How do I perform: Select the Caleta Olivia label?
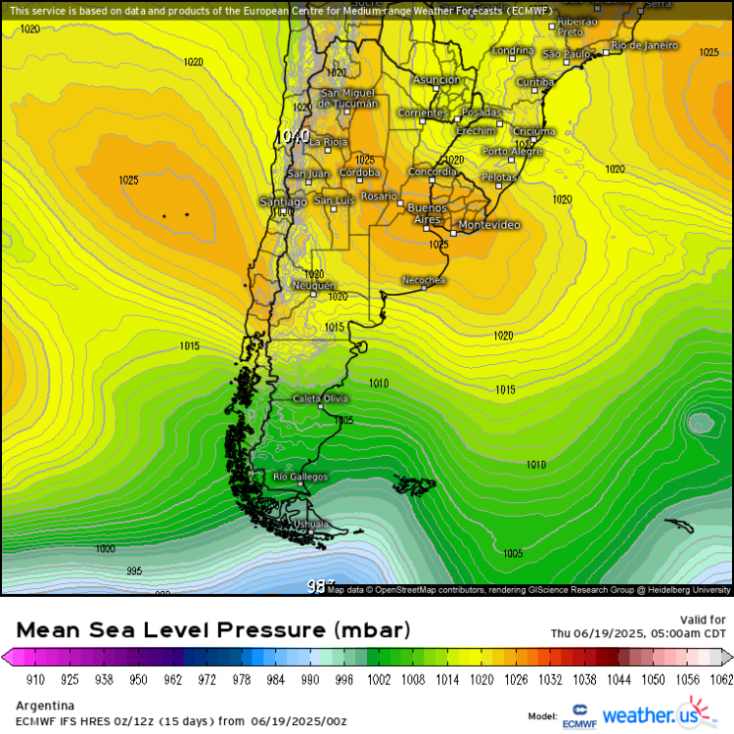[x=320, y=398]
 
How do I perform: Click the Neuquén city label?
[x=314, y=285]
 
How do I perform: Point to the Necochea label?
[x=425, y=281]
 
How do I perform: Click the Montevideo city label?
[x=488, y=225]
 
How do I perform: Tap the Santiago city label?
[x=282, y=202]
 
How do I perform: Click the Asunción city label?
[x=436, y=80]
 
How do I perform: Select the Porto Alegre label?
[x=512, y=152]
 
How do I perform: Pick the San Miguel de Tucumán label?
[x=348, y=99]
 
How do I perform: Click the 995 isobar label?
[x=134, y=571]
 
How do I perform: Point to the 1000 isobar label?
[x=106, y=549]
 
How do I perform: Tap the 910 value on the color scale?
[x=35, y=677]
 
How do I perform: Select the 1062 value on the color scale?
[x=721, y=677]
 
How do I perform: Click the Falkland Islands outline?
[x=415, y=484]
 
